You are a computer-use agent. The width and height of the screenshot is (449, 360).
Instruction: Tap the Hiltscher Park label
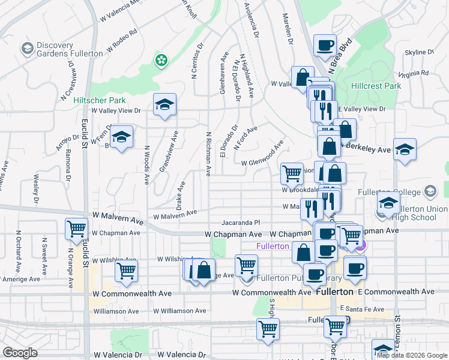click(x=100, y=100)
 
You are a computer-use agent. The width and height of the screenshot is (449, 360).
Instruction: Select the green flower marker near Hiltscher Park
click(x=161, y=59)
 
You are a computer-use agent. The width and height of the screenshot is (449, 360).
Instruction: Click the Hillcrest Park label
click(x=376, y=86)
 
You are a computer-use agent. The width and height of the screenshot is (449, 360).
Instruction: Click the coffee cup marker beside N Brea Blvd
click(x=325, y=45)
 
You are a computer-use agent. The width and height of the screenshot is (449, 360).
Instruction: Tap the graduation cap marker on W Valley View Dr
click(x=164, y=105)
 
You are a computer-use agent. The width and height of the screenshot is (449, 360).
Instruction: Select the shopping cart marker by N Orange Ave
click(x=77, y=228)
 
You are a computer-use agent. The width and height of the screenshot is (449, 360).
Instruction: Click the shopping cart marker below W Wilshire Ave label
click(x=126, y=271)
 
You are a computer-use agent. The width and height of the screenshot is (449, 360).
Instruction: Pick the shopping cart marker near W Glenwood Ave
click(x=292, y=173)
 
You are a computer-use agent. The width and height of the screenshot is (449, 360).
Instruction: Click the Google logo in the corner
click(x=20, y=353)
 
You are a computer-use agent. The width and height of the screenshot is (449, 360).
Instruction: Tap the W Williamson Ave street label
click(x=179, y=311)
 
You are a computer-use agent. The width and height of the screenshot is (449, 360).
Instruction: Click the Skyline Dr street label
click(x=415, y=53)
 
